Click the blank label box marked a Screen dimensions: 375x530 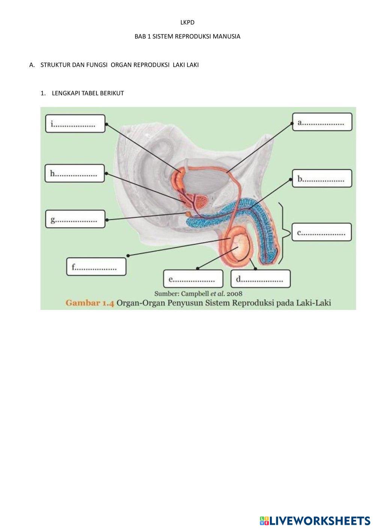tap(322, 122)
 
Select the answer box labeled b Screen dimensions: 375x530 tap(322, 178)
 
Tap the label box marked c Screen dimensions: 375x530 tap(322, 232)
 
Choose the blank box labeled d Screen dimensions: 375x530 tap(261, 279)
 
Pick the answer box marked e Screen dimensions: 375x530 tap(193, 279)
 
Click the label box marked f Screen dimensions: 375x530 tap(96, 267)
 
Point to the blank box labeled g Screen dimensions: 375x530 tap(75, 219)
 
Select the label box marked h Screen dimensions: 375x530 tap(74, 173)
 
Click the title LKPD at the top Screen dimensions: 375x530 tap(187, 23)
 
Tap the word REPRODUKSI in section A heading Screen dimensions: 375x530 tap(151, 65)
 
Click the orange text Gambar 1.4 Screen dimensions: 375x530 tap(89, 303)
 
